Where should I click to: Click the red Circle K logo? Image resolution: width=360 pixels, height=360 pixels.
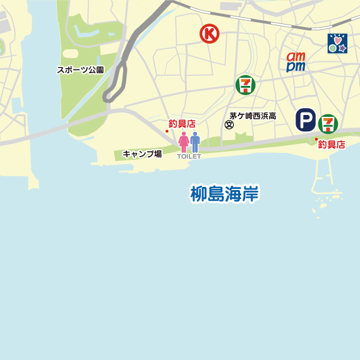(x=209, y=33)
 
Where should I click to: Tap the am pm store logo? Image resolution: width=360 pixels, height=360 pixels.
(x=296, y=61)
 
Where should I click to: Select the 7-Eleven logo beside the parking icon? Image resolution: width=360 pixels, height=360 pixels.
(x=328, y=123)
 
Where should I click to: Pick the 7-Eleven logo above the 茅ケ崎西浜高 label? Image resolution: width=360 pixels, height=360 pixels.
(x=245, y=85)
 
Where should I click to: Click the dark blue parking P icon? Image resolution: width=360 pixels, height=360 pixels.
(x=306, y=120)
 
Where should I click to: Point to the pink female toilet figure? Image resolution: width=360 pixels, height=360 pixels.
(x=184, y=142)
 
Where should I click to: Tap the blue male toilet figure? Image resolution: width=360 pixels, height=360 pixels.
(x=195, y=142)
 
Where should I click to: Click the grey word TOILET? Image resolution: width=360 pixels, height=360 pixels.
(x=189, y=156)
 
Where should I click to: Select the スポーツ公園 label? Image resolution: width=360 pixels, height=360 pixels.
(x=80, y=70)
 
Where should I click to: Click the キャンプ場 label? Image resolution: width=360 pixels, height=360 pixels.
(x=142, y=153)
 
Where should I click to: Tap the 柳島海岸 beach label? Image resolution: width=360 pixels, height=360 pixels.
(x=225, y=193)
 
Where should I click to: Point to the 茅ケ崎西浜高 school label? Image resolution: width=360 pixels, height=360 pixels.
(x=253, y=116)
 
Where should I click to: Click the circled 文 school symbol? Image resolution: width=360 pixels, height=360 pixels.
(x=229, y=125)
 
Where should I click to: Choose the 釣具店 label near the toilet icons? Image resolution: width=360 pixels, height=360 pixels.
(x=182, y=124)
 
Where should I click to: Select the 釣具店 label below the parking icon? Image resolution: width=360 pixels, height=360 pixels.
(x=332, y=145)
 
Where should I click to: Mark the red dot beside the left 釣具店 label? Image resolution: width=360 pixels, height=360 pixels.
(x=167, y=131)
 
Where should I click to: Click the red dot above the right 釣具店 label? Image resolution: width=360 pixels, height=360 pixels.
(x=316, y=138)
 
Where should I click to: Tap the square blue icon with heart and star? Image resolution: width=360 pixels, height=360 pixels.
(x=337, y=44)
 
